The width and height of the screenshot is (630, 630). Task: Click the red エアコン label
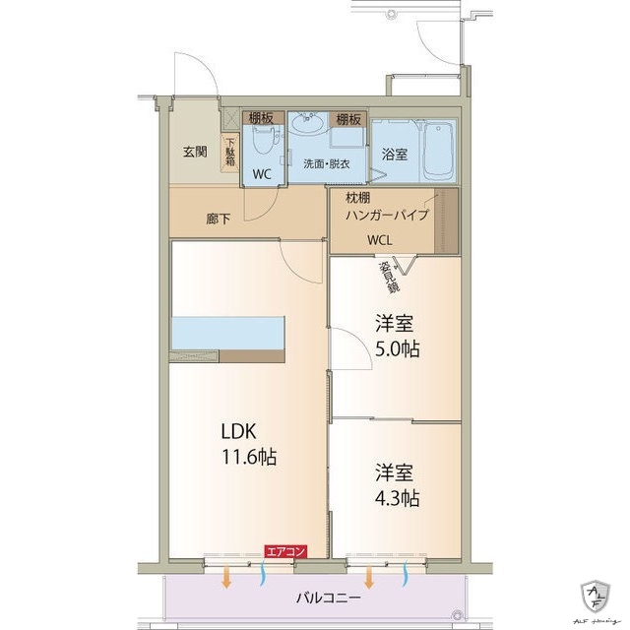click(x=285, y=552)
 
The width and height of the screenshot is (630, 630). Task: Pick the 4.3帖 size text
click(x=397, y=496)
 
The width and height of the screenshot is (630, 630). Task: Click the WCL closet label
click(x=382, y=239)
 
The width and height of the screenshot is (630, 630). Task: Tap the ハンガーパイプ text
click(x=387, y=214)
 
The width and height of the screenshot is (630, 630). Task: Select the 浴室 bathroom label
click(x=395, y=155)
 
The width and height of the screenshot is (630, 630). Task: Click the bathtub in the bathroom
click(x=439, y=153)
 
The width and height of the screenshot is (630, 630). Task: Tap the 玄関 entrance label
click(x=194, y=152)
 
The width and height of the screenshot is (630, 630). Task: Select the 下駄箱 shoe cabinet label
click(x=230, y=154)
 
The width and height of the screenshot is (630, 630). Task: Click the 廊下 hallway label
click(x=218, y=219)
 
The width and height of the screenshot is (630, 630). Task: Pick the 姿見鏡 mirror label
click(x=391, y=277)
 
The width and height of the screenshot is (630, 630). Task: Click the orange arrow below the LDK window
click(x=227, y=576)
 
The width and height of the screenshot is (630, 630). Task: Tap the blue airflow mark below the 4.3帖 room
click(x=407, y=576)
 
